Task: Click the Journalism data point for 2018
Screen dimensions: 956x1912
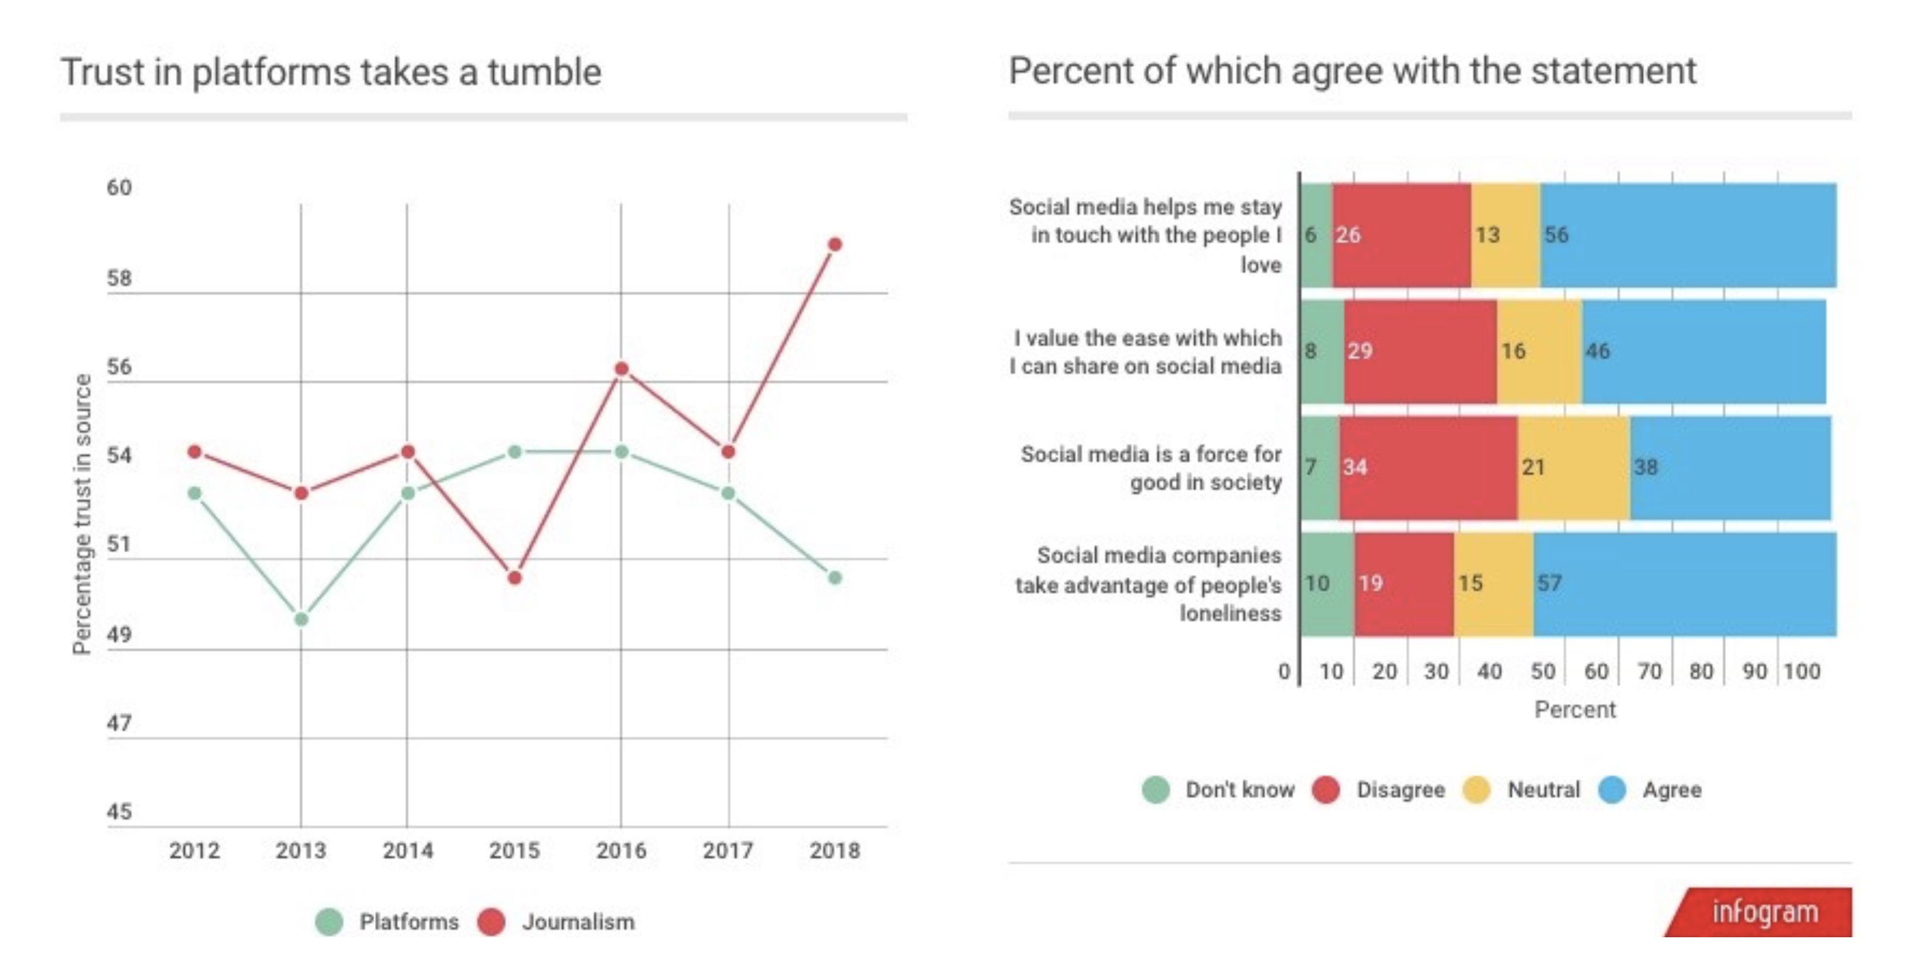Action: point(835,244)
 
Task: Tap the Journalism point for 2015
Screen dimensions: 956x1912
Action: point(515,578)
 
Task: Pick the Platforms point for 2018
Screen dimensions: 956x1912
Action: point(835,578)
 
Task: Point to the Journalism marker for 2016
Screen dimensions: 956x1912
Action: point(622,369)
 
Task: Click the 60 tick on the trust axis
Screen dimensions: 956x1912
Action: point(119,188)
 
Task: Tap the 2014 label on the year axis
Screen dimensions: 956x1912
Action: point(408,851)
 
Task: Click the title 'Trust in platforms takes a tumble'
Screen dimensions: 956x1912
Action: point(331,73)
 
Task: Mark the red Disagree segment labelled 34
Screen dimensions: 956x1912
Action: point(1428,467)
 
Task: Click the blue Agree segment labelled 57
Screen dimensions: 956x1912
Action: point(1685,584)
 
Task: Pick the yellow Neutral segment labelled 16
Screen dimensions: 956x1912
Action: point(1539,351)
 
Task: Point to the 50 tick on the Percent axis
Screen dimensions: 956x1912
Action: point(1542,672)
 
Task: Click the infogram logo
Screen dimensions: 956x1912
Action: point(1764,912)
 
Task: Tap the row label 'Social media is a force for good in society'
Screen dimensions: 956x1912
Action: point(1150,467)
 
